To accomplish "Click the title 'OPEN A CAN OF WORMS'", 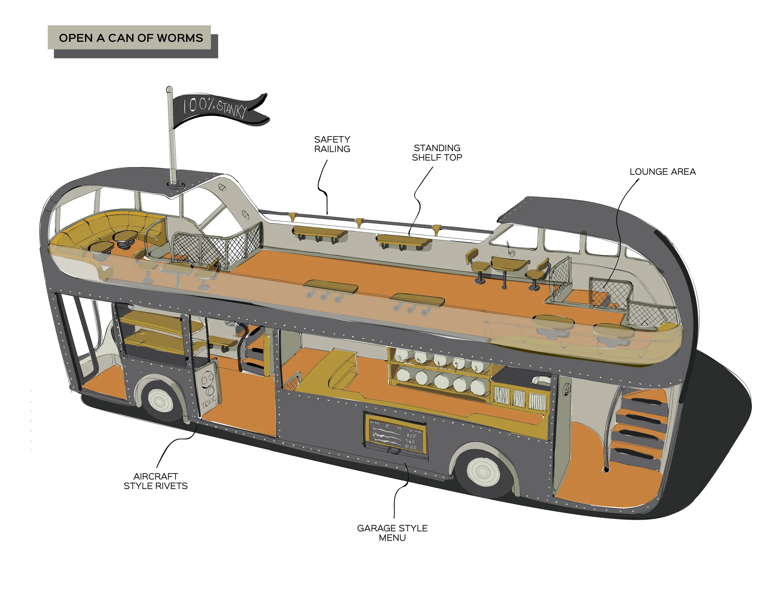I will [x=131, y=37].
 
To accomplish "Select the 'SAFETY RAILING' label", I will [x=332, y=144].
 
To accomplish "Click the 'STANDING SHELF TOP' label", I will [x=437, y=153].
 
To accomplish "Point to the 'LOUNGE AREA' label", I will [x=662, y=172].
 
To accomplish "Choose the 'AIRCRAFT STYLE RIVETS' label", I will [x=156, y=481].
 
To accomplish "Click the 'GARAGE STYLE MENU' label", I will [x=392, y=533].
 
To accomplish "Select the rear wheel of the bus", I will [x=483, y=472].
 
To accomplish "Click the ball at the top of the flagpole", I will [x=170, y=89].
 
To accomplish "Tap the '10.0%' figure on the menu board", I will [x=410, y=447].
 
